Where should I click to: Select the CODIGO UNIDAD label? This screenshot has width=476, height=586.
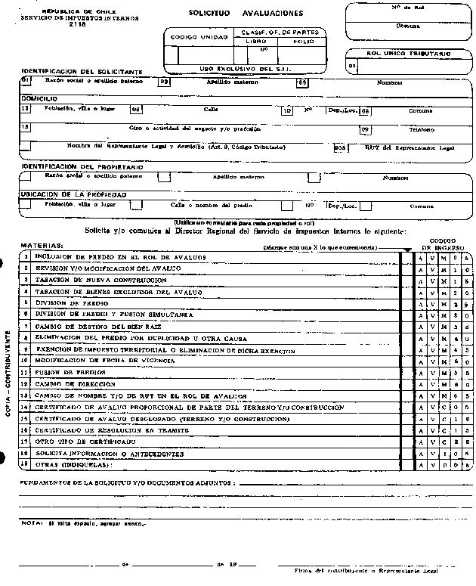pos(193,37)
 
